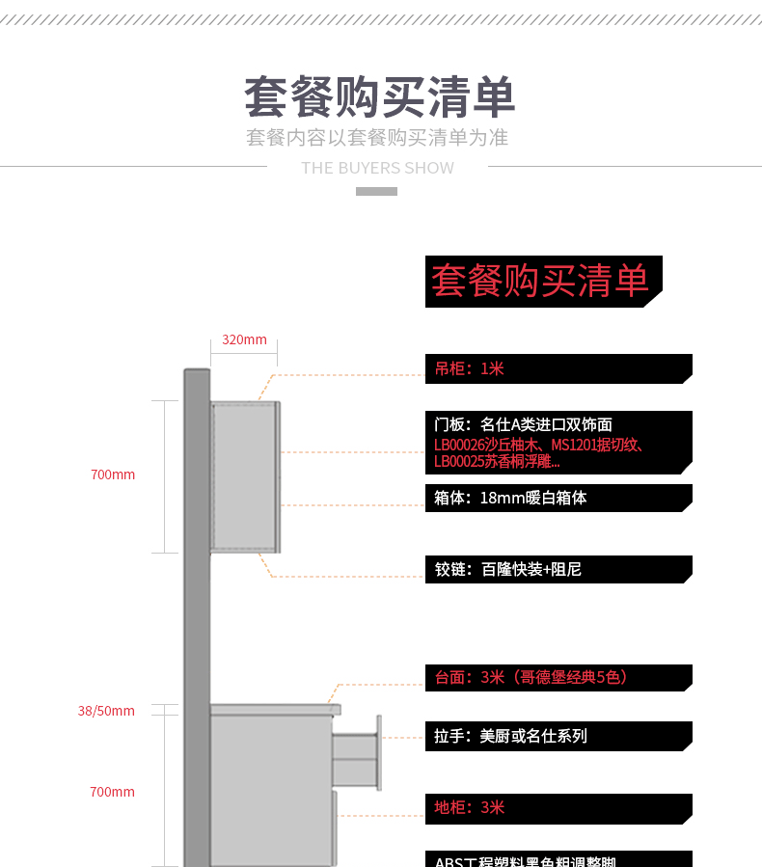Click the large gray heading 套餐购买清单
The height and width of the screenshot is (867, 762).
pos(379,97)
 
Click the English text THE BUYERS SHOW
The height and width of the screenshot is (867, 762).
pos(377,168)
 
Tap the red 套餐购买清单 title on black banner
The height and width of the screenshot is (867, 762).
pos(540,281)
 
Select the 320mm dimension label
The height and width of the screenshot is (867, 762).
pos(244,339)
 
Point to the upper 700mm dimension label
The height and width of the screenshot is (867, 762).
pos(113,474)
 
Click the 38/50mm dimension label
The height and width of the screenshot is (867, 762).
pos(106,711)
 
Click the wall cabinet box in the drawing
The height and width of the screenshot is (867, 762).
pos(245,476)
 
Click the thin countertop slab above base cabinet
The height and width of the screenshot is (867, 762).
pos(275,709)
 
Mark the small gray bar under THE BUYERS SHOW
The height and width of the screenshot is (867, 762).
pos(376,191)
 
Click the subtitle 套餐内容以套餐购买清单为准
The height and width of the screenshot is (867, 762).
pos(377,137)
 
